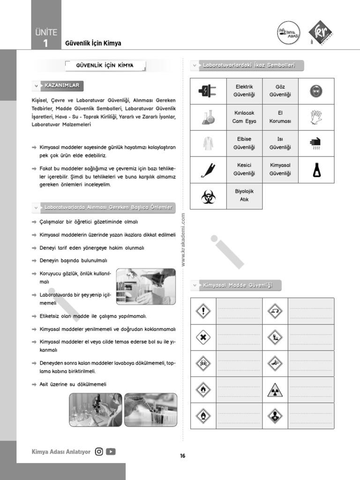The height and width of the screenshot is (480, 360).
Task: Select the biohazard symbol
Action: click(x=208, y=196)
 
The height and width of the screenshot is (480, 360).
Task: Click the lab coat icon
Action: click(x=208, y=143)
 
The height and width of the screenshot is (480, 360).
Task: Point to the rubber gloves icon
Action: click(x=316, y=117)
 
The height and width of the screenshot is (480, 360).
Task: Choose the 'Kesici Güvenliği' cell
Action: click(x=244, y=169)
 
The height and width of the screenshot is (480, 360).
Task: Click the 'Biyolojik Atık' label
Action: click(x=244, y=195)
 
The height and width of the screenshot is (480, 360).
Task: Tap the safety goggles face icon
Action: click(x=316, y=91)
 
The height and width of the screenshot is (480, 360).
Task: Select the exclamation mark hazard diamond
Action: click(x=203, y=311)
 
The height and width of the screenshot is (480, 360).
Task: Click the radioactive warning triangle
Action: click(x=275, y=390)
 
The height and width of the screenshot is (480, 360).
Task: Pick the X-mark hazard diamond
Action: click(x=203, y=337)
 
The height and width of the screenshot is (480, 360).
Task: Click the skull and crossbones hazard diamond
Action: click(x=203, y=363)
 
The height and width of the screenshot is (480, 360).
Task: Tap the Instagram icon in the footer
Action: click(x=99, y=452)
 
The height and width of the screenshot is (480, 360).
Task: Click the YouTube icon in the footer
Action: click(x=111, y=452)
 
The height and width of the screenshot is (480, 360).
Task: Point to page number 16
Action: click(x=183, y=456)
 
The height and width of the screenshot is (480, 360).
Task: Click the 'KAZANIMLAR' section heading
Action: click(x=62, y=86)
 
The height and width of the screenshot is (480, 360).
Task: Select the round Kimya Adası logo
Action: click(x=288, y=33)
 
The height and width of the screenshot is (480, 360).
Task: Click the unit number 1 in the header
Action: click(x=45, y=44)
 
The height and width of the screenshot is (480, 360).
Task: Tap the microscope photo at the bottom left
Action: click(x=96, y=410)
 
